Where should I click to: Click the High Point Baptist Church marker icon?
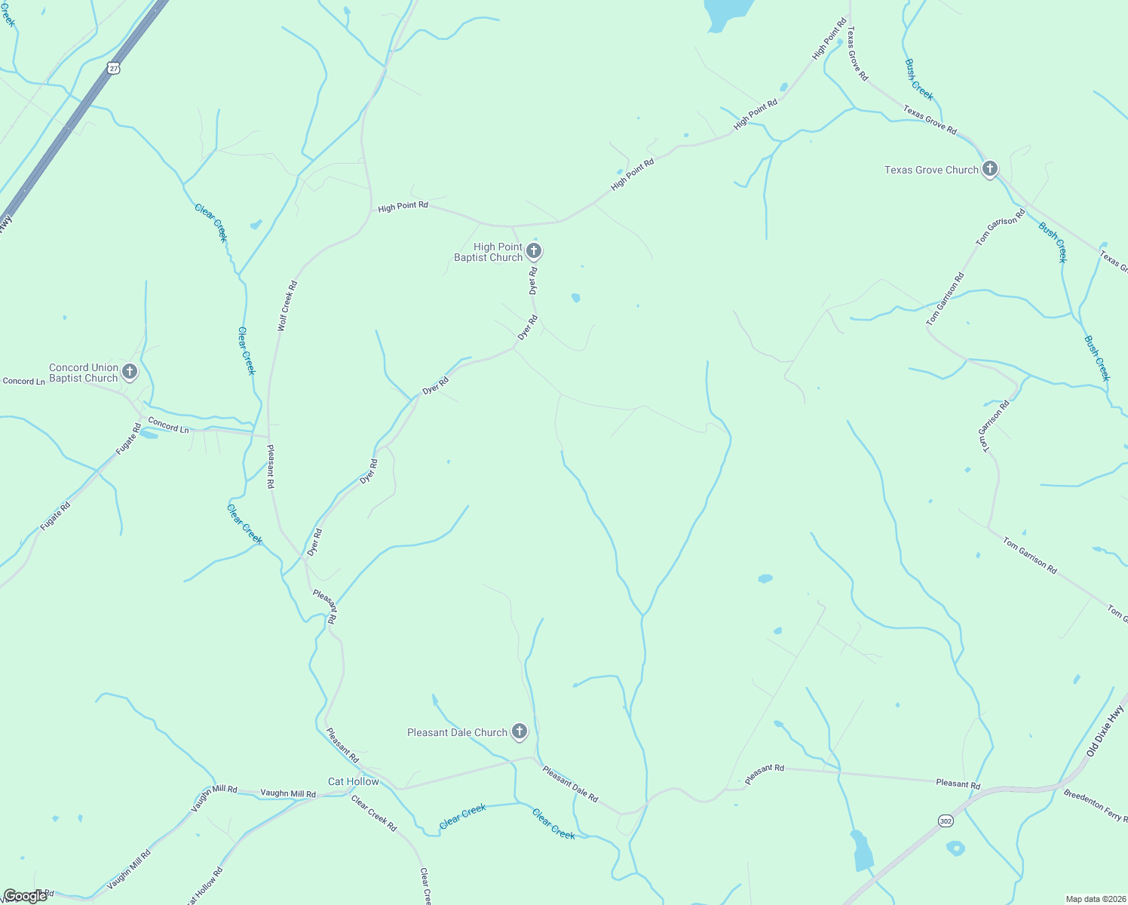(x=534, y=250)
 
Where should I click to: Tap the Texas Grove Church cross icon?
(x=990, y=169)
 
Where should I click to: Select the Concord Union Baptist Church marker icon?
(x=130, y=371)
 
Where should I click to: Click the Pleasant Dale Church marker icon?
(x=520, y=731)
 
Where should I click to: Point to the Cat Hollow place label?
(x=354, y=781)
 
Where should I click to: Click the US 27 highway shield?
(x=113, y=68)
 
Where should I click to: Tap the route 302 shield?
(x=946, y=821)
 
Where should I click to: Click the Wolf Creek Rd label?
(x=287, y=305)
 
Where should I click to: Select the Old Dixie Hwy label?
(x=1106, y=731)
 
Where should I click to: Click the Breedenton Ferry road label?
(x=1095, y=805)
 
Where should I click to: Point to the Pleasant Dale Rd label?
(x=570, y=784)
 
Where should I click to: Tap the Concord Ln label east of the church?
(x=168, y=425)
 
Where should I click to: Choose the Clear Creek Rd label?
(x=374, y=812)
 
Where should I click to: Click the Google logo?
(x=25, y=896)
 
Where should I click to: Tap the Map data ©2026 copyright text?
(x=1094, y=899)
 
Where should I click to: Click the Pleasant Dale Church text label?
(x=457, y=732)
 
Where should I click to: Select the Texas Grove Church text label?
(x=931, y=170)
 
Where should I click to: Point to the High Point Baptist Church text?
(x=489, y=252)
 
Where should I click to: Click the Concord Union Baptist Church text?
(x=84, y=373)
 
